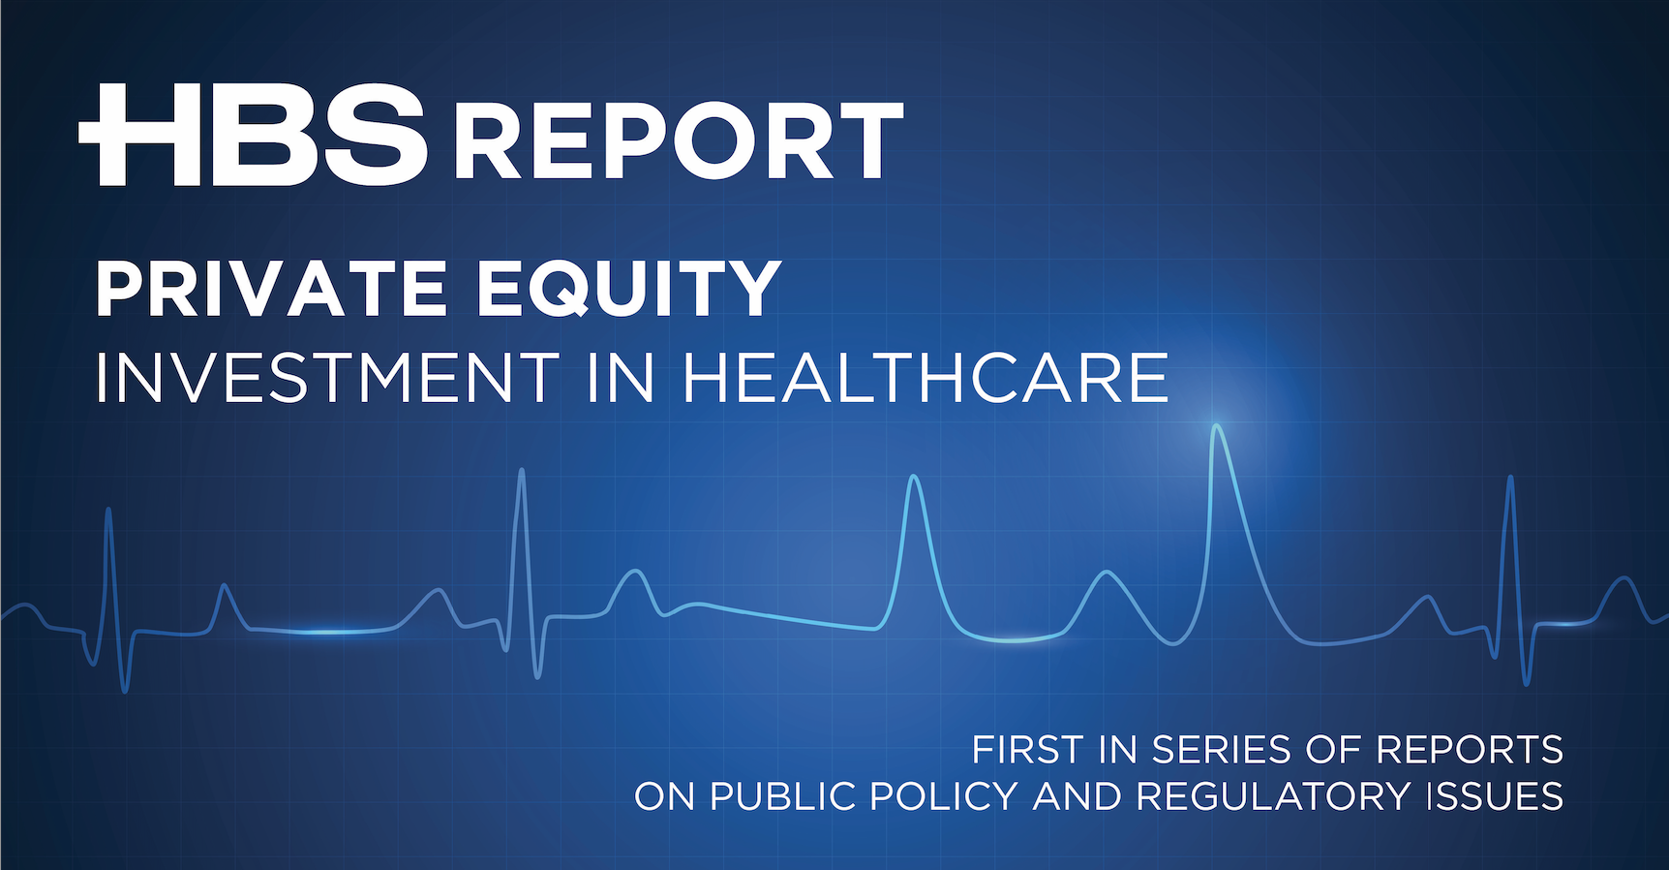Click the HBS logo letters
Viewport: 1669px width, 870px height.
point(253,135)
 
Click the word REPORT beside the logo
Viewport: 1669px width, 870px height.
point(679,141)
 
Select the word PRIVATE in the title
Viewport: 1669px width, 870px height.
point(271,289)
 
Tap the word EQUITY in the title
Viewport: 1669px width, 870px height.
point(629,289)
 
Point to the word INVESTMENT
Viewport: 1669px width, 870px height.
point(327,378)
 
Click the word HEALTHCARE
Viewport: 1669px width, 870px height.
point(926,378)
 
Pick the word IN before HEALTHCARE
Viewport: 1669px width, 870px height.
point(622,378)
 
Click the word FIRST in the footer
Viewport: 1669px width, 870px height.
point(1027,750)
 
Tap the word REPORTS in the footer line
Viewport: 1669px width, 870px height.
point(1470,750)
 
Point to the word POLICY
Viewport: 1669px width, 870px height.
point(944,796)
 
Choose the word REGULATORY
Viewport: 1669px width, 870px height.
point(1273,796)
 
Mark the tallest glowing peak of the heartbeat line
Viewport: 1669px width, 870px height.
point(1216,426)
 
